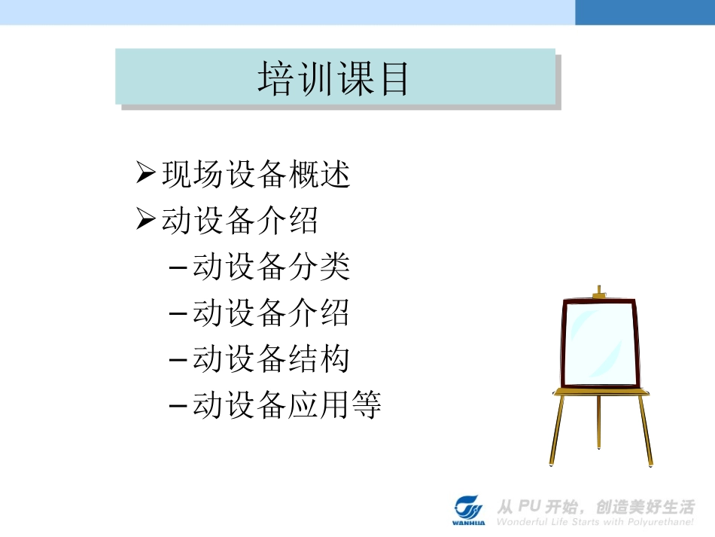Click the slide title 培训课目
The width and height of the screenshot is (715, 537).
coord(333,78)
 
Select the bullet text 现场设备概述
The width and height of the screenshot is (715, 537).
coord(256,175)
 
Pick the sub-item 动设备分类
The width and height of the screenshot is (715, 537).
coord(271,267)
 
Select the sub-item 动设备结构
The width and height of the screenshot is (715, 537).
coord(271,359)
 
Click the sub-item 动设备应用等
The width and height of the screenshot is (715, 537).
coord(287,405)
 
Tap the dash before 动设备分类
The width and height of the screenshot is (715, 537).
coord(178,268)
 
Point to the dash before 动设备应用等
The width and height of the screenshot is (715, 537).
coord(178,406)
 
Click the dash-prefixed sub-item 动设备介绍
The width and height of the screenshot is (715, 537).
coord(271,313)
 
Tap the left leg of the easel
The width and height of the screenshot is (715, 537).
coord(558,430)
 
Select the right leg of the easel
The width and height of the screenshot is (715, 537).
coord(646,430)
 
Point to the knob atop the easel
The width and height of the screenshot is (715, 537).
coord(599,291)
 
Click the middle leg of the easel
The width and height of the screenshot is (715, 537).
coord(599,422)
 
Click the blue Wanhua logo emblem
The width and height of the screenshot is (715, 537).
coord(469,507)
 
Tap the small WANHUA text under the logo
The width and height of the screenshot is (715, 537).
coord(469,522)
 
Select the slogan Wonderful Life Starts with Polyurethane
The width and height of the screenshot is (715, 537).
coord(595,521)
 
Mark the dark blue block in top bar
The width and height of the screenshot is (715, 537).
coord(645,12)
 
